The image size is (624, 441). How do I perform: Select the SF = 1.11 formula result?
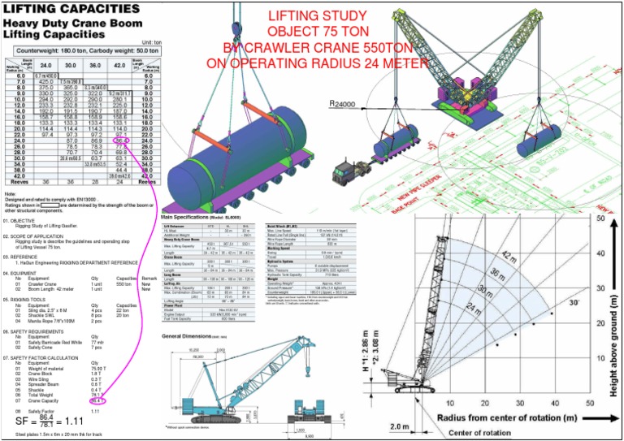click(x=50, y=422)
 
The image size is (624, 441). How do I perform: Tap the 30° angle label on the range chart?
click(x=574, y=303)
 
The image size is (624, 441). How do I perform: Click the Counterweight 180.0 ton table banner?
click(x=80, y=50)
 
